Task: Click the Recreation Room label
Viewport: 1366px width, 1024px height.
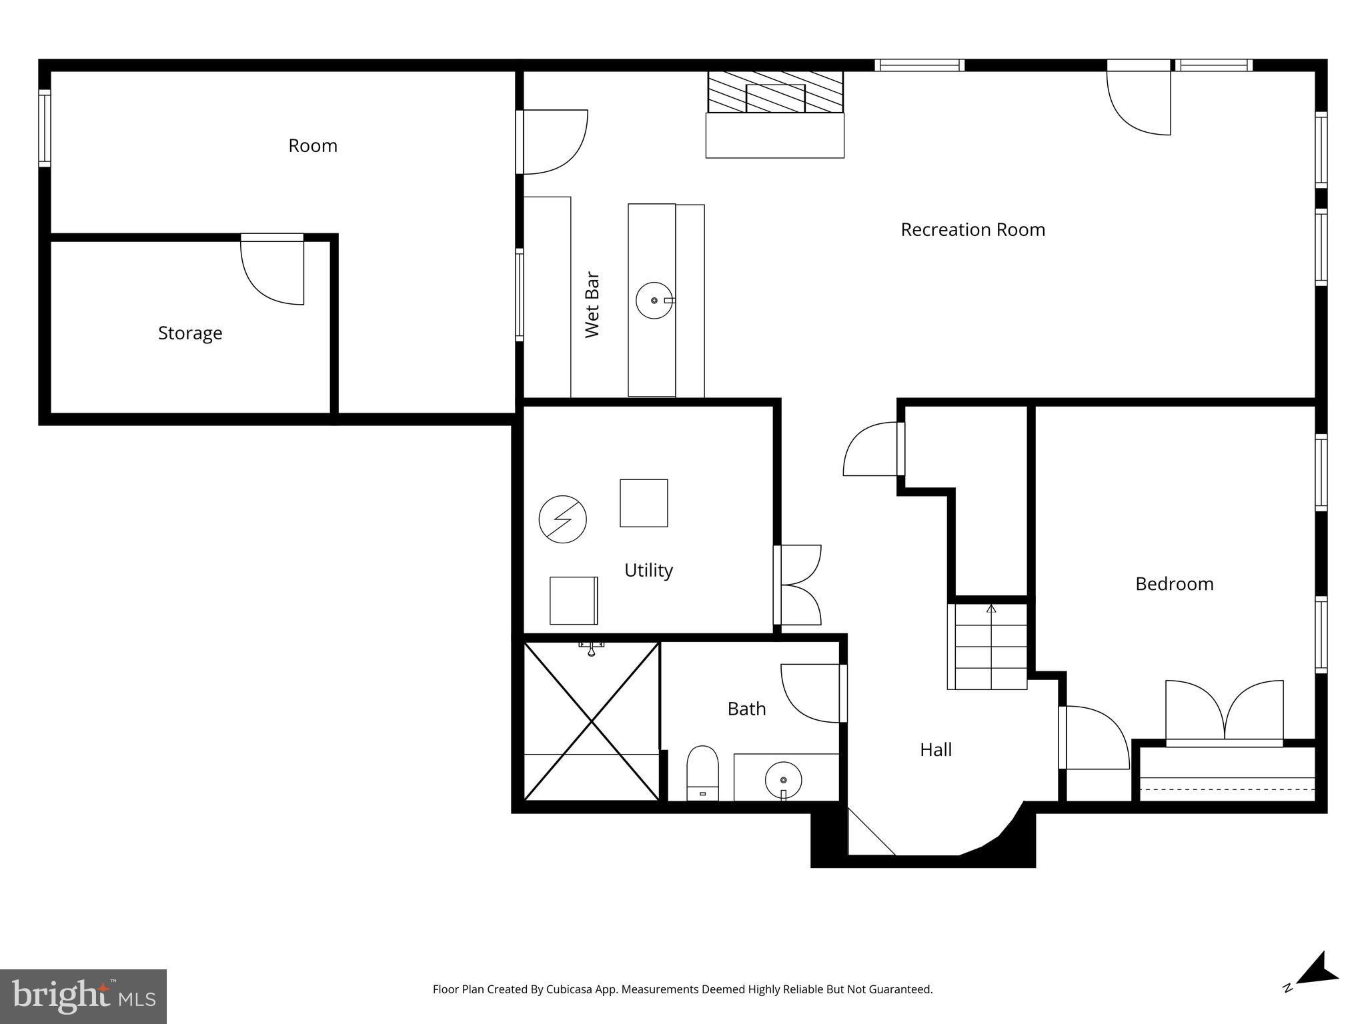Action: click(x=972, y=229)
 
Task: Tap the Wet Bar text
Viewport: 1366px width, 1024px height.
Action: click(x=592, y=304)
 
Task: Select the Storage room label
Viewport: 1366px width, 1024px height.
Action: click(x=190, y=333)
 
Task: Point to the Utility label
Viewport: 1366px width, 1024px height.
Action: click(x=648, y=570)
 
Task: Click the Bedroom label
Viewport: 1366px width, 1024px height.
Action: click(x=1174, y=584)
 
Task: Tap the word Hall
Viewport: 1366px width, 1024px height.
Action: click(x=935, y=750)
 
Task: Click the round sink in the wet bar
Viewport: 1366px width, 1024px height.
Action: click(x=654, y=301)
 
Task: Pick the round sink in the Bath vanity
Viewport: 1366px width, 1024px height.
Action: click(x=783, y=780)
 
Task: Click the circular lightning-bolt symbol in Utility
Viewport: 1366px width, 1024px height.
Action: click(x=562, y=519)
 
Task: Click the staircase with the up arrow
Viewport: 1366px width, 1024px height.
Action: click(x=987, y=647)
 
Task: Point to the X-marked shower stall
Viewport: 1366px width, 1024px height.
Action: click(x=592, y=721)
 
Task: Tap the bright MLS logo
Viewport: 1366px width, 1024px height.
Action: click(x=83, y=996)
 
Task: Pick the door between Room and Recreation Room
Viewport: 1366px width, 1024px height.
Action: click(x=552, y=142)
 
